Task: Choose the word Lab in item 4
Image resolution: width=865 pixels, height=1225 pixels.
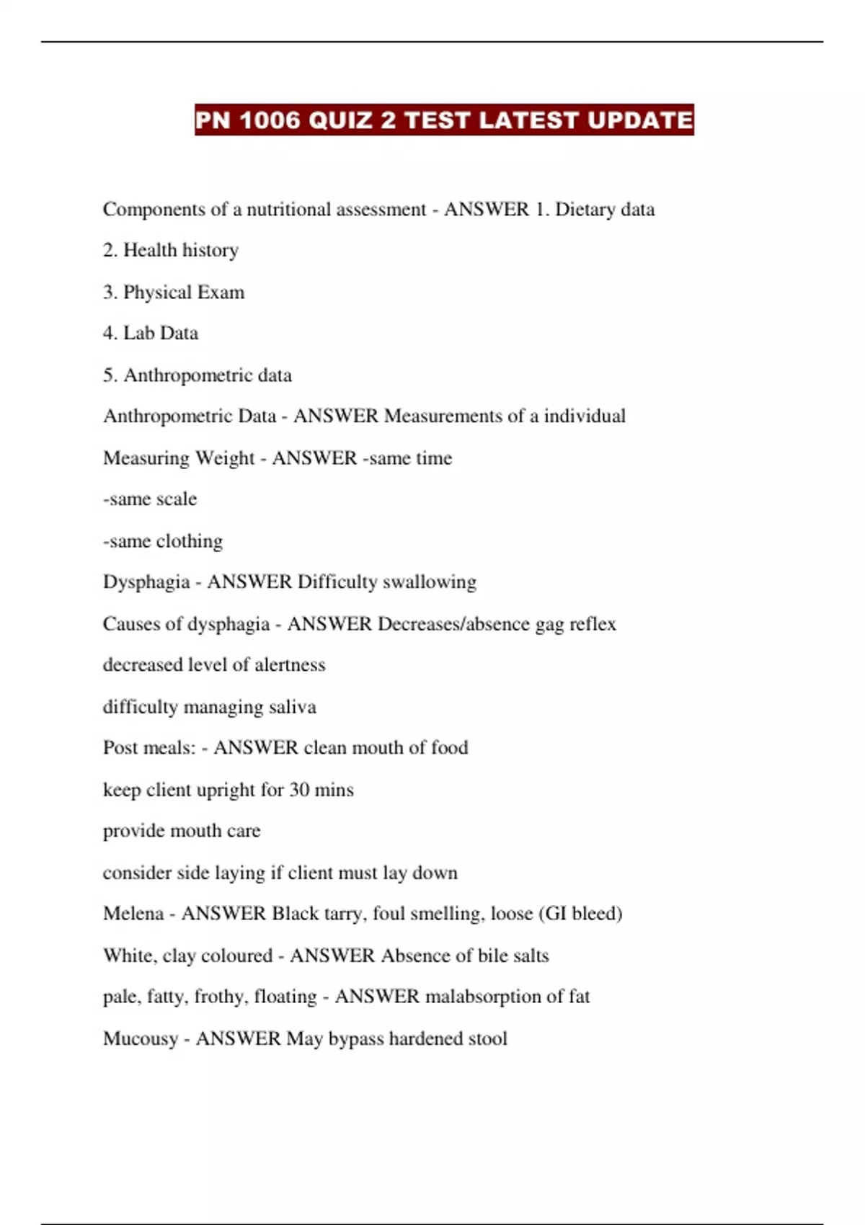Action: point(139,333)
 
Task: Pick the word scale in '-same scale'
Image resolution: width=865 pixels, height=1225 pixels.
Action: point(177,499)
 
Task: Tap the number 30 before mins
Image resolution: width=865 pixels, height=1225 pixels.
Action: point(299,790)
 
